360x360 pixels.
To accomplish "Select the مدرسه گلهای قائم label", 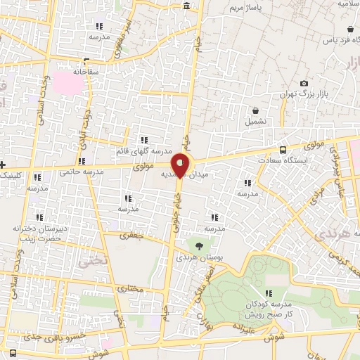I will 143,152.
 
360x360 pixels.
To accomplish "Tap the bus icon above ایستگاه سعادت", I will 283,150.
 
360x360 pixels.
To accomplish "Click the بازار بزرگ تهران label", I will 312,94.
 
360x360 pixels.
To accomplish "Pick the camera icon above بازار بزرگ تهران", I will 304,83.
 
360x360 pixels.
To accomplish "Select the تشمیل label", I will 255,121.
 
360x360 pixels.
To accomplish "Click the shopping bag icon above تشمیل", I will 255,110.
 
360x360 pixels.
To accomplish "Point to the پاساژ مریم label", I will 244,8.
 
